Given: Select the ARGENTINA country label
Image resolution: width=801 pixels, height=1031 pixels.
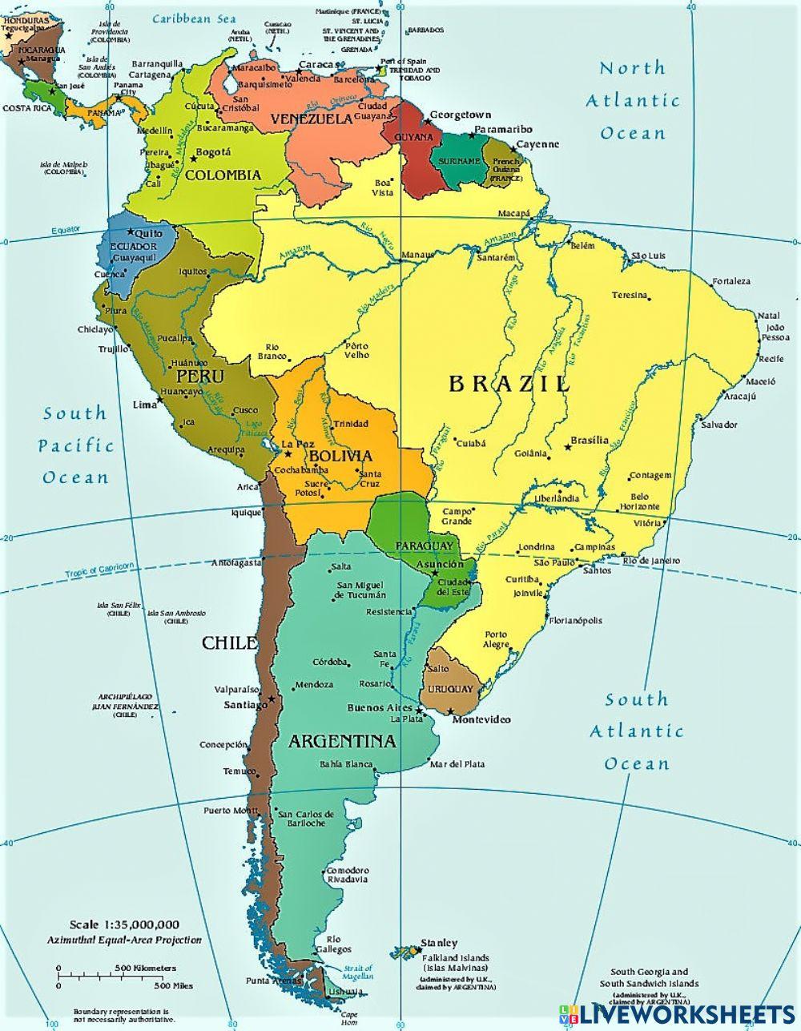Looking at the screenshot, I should point(342,741).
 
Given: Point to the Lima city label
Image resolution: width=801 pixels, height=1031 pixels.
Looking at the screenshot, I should point(145,405).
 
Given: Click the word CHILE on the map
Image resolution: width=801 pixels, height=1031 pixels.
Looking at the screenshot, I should point(230,642).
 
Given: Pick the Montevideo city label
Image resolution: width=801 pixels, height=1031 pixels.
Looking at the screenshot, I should point(481,719).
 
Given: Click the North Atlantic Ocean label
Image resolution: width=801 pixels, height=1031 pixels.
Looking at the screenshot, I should point(633,100).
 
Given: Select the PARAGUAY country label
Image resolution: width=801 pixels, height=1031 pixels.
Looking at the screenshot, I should point(424,546).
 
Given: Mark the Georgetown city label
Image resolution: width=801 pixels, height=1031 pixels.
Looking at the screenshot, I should point(461,115).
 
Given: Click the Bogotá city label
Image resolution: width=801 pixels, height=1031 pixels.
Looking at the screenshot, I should point(213,152).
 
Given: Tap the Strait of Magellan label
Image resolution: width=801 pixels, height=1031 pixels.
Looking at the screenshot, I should point(358,971).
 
